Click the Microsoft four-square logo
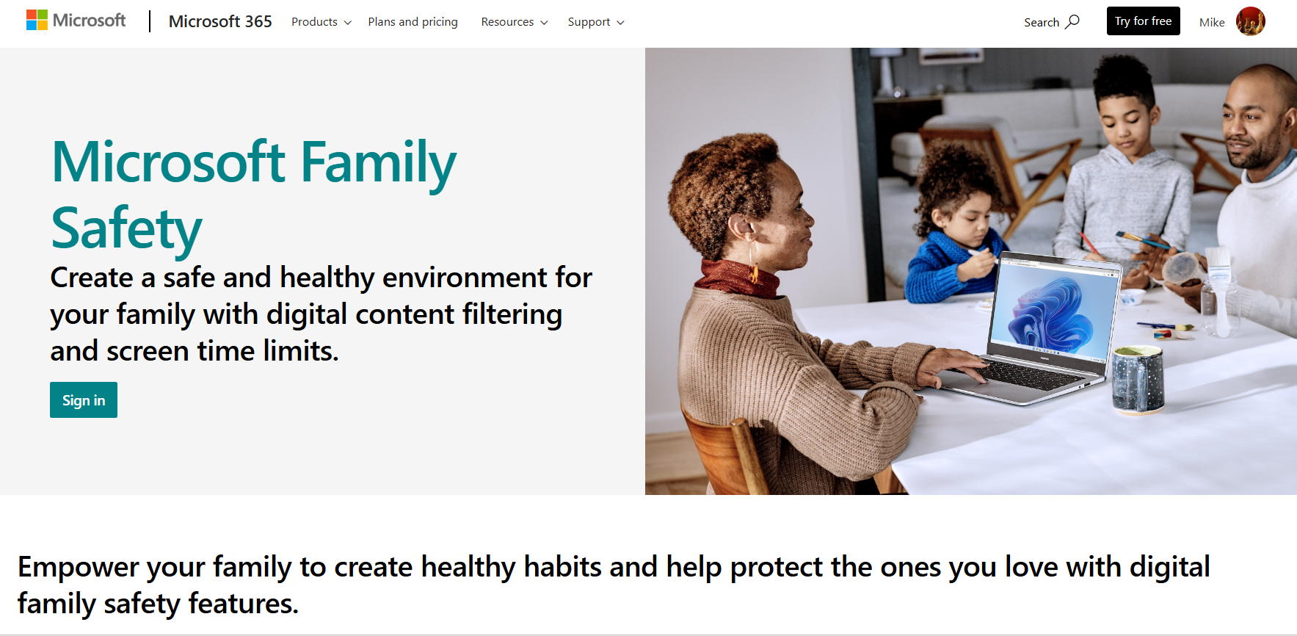[37, 21]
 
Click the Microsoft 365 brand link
[220, 22]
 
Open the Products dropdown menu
[321, 22]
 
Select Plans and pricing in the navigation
[413, 22]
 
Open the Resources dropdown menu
[514, 22]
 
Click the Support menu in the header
[595, 22]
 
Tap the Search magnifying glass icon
[1072, 21]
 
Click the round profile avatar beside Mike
[1250, 21]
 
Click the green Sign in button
[84, 400]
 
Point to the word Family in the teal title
[378, 163]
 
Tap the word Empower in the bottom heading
[78, 567]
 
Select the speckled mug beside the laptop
[1137, 380]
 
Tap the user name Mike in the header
[1212, 22]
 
